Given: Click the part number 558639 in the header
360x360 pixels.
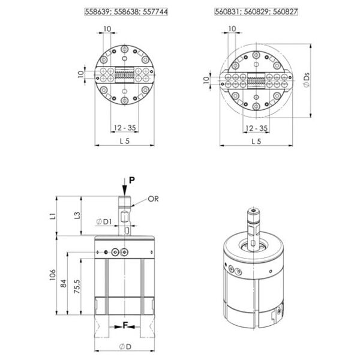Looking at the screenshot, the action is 98,11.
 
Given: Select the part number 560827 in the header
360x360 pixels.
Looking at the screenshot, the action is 285,11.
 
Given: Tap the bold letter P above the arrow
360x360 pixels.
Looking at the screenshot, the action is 132,180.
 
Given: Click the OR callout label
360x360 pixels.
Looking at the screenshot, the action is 153,199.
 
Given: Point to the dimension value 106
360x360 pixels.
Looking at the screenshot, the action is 53,275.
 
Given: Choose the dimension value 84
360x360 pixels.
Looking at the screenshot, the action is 64,283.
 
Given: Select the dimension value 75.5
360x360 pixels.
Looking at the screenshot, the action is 77,286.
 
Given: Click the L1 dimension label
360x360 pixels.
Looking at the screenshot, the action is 53,216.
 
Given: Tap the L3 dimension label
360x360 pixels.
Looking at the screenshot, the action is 77,215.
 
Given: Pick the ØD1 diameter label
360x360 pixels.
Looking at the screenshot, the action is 104,222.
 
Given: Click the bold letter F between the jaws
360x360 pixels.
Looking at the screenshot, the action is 125,325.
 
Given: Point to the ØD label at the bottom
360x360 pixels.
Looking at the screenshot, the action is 125,347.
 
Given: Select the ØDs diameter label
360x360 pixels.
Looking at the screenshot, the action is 306,80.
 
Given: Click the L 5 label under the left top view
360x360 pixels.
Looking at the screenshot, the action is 125,141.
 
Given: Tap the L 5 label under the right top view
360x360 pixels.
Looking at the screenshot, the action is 256,142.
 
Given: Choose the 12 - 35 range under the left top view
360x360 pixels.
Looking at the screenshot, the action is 125,128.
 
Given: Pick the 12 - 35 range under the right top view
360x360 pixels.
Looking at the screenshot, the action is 256,128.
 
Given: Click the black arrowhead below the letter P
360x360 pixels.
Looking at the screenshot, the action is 124,191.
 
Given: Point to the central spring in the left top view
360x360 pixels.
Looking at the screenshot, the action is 124,75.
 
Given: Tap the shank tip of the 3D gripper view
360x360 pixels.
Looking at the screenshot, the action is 253,210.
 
